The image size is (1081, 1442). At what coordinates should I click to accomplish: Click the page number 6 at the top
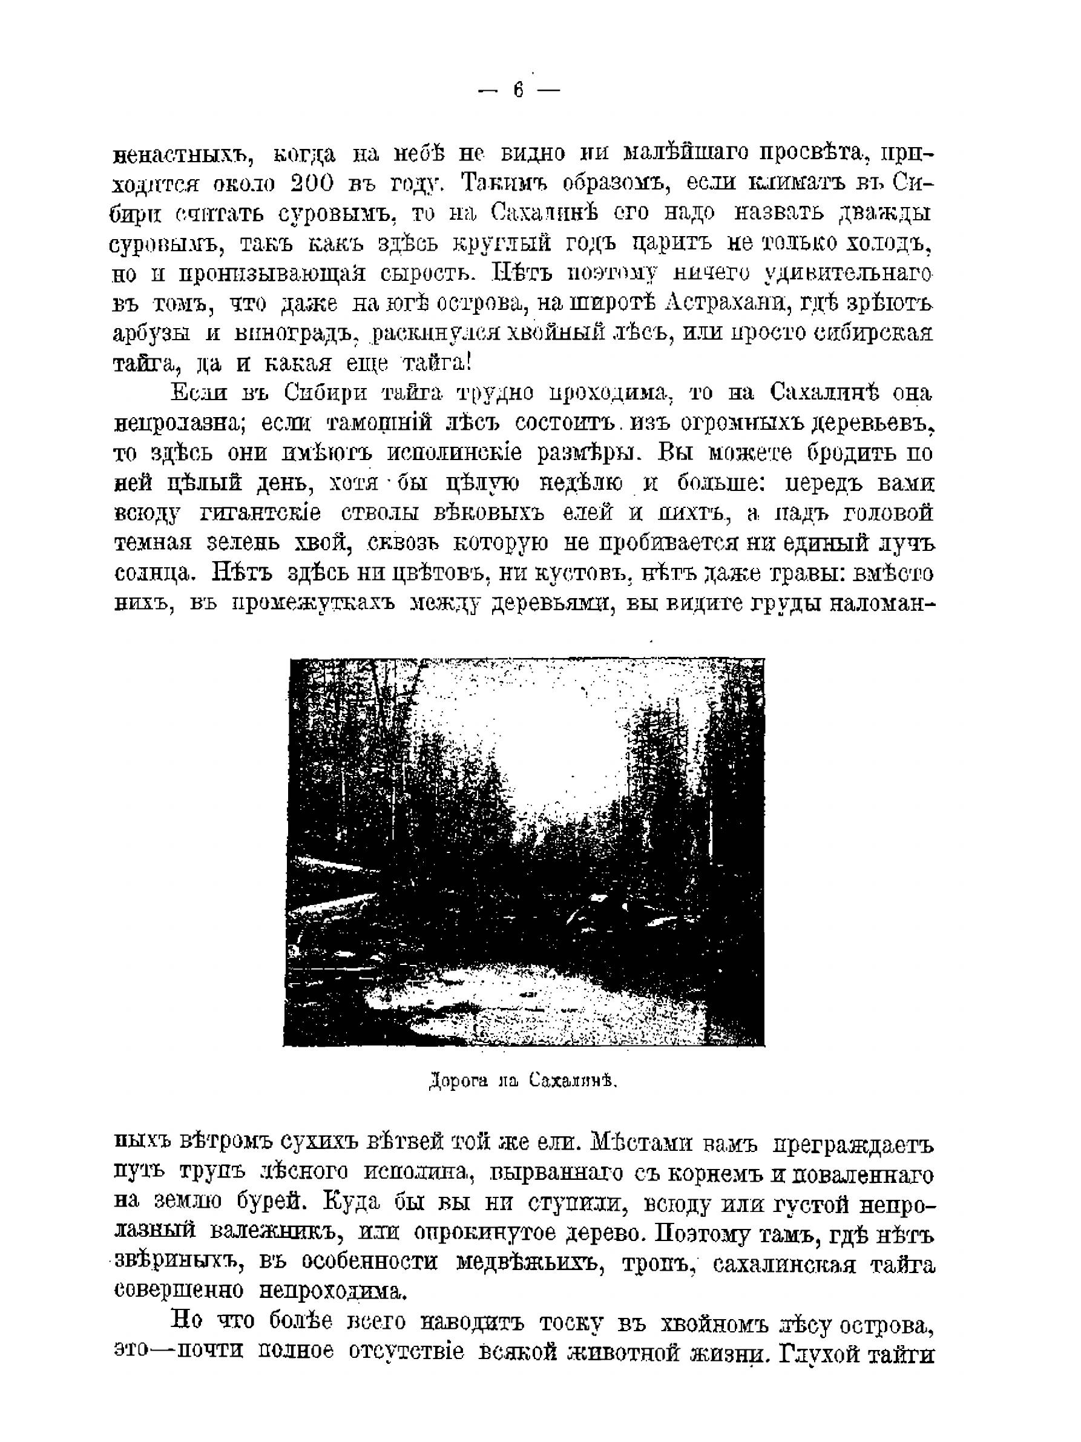518,90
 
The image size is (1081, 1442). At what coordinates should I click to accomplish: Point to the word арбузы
152,333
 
